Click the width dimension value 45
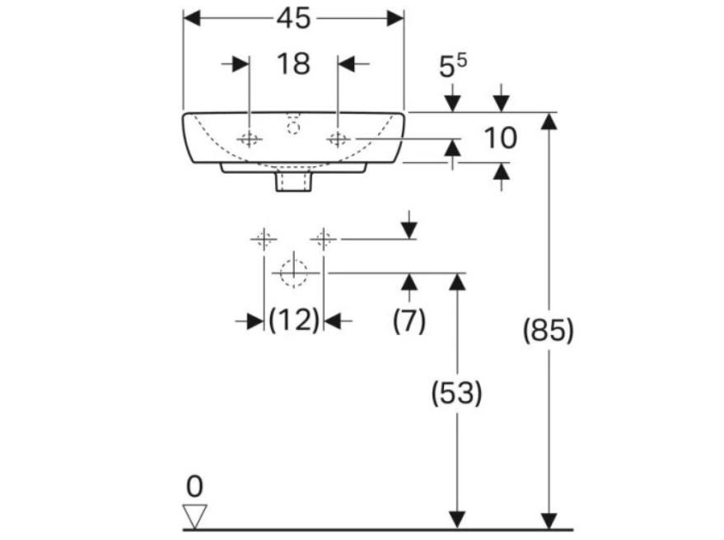(x=293, y=18)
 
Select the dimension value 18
(x=293, y=63)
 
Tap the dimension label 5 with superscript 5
(x=451, y=68)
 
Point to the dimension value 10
(x=499, y=138)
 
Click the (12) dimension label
(x=293, y=321)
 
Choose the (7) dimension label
(x=409, y=321)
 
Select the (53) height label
(x=457, y=393)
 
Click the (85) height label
(x=549, y=331)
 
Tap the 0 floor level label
(x=194, y=486)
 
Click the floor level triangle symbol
(x=195, y=516)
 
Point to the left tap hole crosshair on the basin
(x=249, y=139)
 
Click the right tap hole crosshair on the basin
(x=338, y=139)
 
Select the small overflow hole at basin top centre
(x=292, y=126)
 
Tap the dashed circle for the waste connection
(x=292, y=272)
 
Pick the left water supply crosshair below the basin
(x=263, y=240)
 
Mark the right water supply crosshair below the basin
(x=323, y=240)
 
